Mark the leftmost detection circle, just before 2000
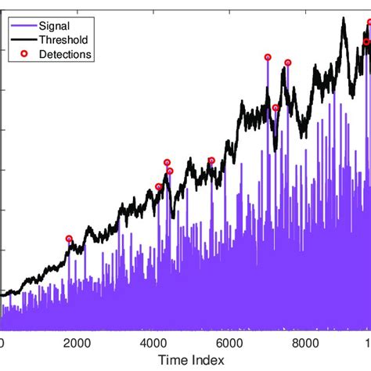coord(69,239)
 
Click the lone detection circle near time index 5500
coord(211,161)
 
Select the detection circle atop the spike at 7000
coord(268,57)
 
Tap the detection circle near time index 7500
coord(287,63)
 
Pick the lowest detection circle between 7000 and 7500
coord(276,108)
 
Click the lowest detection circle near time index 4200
coord(159,187)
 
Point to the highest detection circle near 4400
coord(167,163)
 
